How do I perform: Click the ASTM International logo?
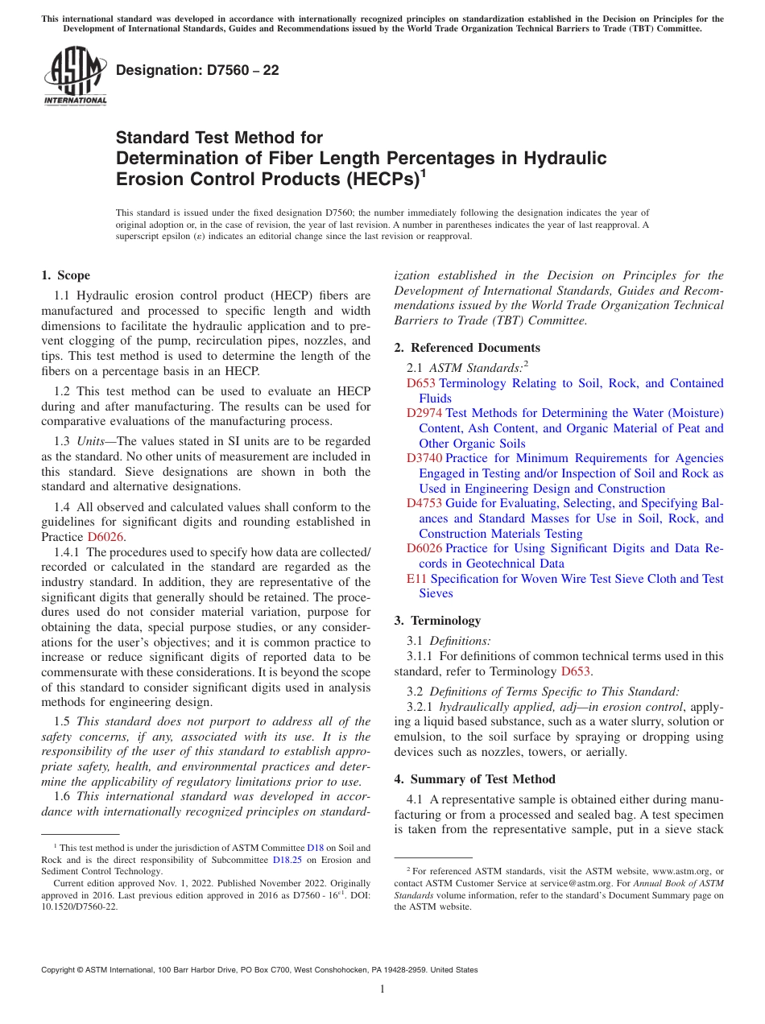(x=75, y=76)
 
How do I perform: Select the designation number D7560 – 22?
(x=197, y=70)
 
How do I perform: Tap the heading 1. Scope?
(x=65, y=275)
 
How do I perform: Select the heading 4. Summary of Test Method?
(x=474, y=779)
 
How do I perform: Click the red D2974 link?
(x=424, y=413)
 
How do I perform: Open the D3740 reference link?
(x=424, y=458)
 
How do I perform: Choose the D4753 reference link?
(x=424, y=503)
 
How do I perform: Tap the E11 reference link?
(x=416, y=579)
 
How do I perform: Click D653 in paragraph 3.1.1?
(x=577, y=671)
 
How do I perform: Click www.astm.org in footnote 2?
(x=672, y=871)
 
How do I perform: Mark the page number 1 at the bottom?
(x=382, y=989)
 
